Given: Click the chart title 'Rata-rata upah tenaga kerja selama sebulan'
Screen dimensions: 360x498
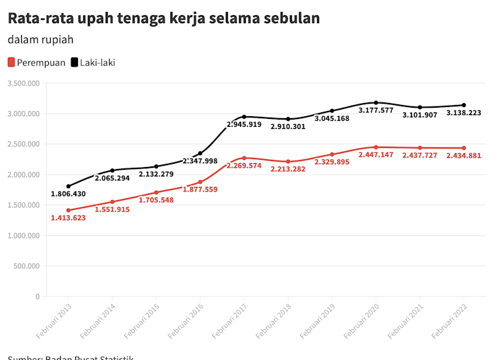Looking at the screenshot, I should click(164, 18).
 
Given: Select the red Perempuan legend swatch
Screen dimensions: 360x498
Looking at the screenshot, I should click(11, 63).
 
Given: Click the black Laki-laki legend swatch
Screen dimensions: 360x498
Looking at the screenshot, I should click(74, 63).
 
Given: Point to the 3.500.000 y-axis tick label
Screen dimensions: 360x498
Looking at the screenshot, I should click(24, 83).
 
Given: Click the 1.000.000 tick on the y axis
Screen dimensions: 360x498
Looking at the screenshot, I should click(24, 236).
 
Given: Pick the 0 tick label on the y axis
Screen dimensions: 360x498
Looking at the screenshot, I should click(37, 297).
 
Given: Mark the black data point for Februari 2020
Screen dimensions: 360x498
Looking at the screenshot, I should click(376, 103).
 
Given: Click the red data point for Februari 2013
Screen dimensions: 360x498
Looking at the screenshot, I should click(68, 210).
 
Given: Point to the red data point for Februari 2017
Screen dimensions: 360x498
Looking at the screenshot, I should click(244, 158).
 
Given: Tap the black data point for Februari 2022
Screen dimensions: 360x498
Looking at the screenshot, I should click(464, 105).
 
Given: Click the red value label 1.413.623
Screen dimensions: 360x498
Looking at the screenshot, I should click(68, 217).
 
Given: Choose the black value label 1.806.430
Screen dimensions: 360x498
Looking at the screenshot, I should click(68, 194).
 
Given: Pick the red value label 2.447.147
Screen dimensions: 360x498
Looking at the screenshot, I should click(376, 155).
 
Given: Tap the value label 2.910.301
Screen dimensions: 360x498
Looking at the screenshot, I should click(288, 126).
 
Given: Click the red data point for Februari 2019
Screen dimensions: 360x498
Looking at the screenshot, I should click(332, 155).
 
